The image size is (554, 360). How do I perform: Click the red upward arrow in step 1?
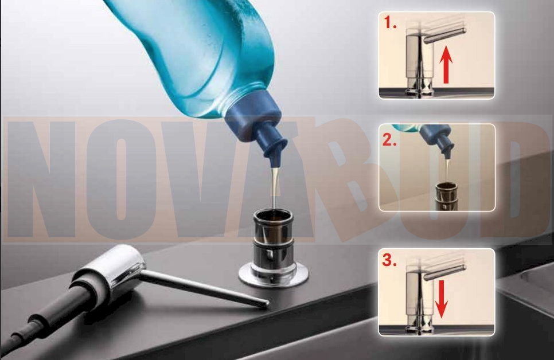(446, 65)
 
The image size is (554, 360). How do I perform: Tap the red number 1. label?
(391, 23)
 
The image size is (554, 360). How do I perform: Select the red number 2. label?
(390, 140)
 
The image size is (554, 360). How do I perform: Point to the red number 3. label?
(389, 260)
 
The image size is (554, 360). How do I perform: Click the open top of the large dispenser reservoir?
(273, 216)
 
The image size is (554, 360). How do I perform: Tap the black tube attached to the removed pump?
(46, 318)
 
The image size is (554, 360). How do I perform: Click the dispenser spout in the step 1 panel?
(445, 36)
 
